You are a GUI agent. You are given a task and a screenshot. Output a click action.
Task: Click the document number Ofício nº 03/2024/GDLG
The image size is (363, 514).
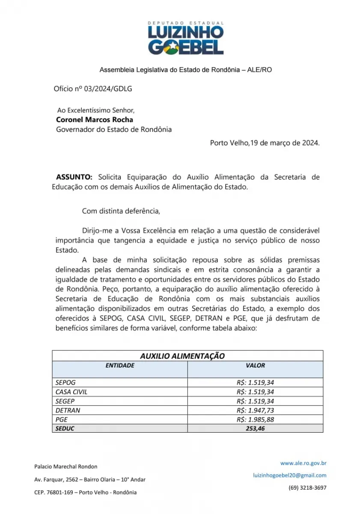click(x=87, y=89)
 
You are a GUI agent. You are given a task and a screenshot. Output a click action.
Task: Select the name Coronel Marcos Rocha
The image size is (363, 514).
click(x=95, y=120)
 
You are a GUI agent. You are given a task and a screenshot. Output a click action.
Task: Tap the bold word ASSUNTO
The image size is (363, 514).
click(x=74, y=177)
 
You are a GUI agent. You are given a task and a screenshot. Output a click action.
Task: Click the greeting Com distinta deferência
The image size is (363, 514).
click(x=121, y=211)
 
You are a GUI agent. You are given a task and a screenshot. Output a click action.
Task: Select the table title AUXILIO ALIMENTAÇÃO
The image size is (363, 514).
click(x=182, y=356)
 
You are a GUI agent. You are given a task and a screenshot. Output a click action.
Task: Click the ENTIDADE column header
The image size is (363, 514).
click(x=120, y=365)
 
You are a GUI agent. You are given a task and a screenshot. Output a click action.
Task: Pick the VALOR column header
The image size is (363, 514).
click(x=255, y=365)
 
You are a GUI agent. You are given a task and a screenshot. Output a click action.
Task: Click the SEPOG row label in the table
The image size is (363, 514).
click(x=65, y=383)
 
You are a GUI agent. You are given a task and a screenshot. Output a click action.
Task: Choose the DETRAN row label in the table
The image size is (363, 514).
click(x=68, y=410)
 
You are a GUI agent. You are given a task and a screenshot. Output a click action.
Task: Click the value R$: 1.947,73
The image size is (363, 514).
click(x=255, y=410)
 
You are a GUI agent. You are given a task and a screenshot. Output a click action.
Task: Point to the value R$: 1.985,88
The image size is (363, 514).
click(x=255, y=419)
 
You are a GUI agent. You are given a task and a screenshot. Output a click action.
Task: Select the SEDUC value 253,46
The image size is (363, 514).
click(x=255, y=428)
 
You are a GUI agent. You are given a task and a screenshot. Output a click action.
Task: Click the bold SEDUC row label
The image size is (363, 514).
click(x=65, y=428)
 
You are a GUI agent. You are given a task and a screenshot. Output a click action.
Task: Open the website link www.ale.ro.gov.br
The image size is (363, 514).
click(x=303, y=463)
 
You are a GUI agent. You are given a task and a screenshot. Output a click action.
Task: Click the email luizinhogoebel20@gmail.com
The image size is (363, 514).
click(x=290, y=475)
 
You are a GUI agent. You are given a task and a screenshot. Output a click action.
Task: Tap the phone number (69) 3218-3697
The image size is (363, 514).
click(x=307, y=487)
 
